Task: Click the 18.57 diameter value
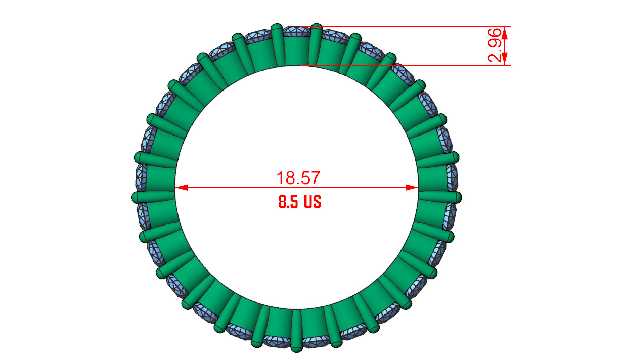(x=298, y=177)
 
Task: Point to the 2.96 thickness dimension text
(x=496, y=46)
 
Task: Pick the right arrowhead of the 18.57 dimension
(x=413, y=188)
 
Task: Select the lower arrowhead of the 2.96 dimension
(x=506, y=60)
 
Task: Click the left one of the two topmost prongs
(x=277, y=43)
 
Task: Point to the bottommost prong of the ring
(x=296, y=331)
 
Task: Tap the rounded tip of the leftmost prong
(x=136, y=197)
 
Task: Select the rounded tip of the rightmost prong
(x=458, y=196)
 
